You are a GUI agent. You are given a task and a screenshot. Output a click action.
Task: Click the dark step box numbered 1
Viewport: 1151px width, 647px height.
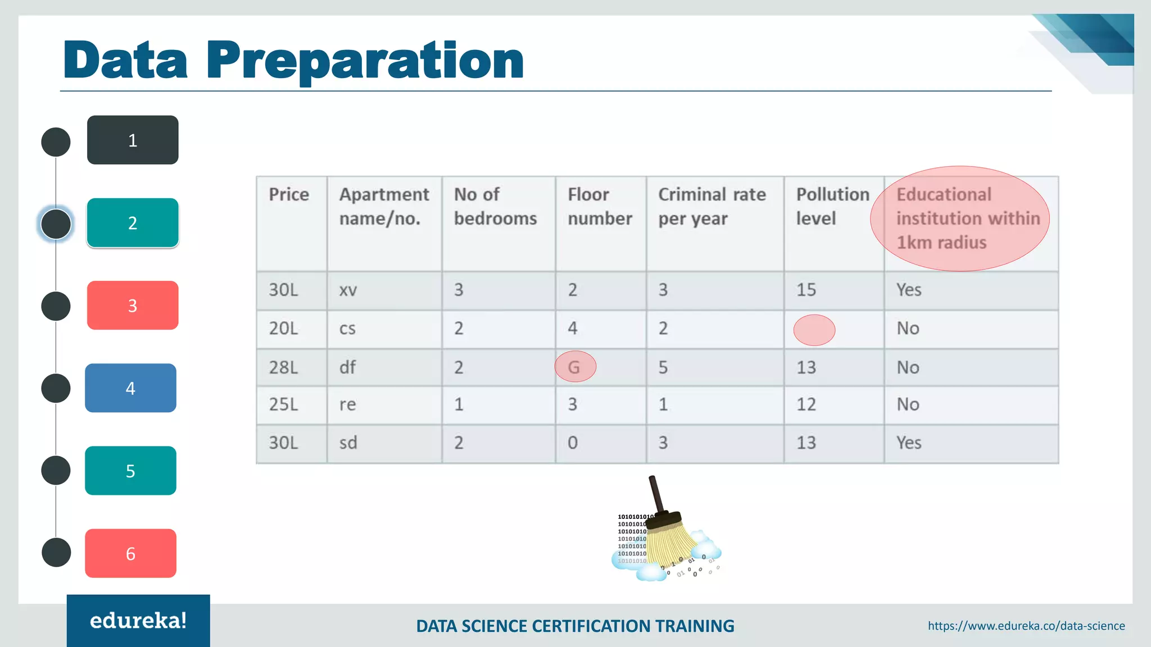point(133,140)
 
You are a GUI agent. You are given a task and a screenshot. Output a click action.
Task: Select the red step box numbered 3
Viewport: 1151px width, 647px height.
point(133,306)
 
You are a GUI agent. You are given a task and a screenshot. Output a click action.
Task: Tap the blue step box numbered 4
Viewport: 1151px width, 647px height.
point(130,388)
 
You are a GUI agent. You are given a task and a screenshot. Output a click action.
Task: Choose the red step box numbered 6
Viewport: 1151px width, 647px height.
point(130,553)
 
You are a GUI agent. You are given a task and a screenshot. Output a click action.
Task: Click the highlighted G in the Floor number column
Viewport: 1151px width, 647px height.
point(575,367)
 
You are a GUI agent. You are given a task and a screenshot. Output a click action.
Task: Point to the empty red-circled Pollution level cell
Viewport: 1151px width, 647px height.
point(814,330)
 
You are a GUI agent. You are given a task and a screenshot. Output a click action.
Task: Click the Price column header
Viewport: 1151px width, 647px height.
point(289,194)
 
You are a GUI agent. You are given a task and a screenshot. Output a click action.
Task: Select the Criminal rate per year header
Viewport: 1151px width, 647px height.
point(712,206)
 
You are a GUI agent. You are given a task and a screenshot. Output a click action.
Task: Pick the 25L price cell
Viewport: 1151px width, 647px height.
point(283,404)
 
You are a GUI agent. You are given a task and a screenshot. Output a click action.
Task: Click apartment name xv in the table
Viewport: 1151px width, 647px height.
point(348,290)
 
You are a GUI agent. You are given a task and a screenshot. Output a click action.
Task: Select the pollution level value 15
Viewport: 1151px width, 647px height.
point(806,290)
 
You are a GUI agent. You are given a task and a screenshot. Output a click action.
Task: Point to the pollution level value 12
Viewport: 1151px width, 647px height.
point(806,404)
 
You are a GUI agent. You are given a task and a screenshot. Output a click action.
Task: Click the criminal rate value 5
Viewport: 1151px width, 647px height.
point(663,367)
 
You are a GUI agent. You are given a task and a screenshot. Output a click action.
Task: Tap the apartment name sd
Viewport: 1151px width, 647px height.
point(348,443)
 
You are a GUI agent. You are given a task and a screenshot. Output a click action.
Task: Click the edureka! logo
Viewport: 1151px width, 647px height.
point(138,621)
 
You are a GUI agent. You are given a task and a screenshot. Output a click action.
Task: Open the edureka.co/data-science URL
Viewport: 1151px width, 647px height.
point(1026,626)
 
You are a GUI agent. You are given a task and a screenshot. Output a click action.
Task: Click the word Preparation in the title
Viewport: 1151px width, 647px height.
point(365,61)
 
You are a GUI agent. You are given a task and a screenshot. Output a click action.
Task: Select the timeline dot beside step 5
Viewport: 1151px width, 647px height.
point(56,471)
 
